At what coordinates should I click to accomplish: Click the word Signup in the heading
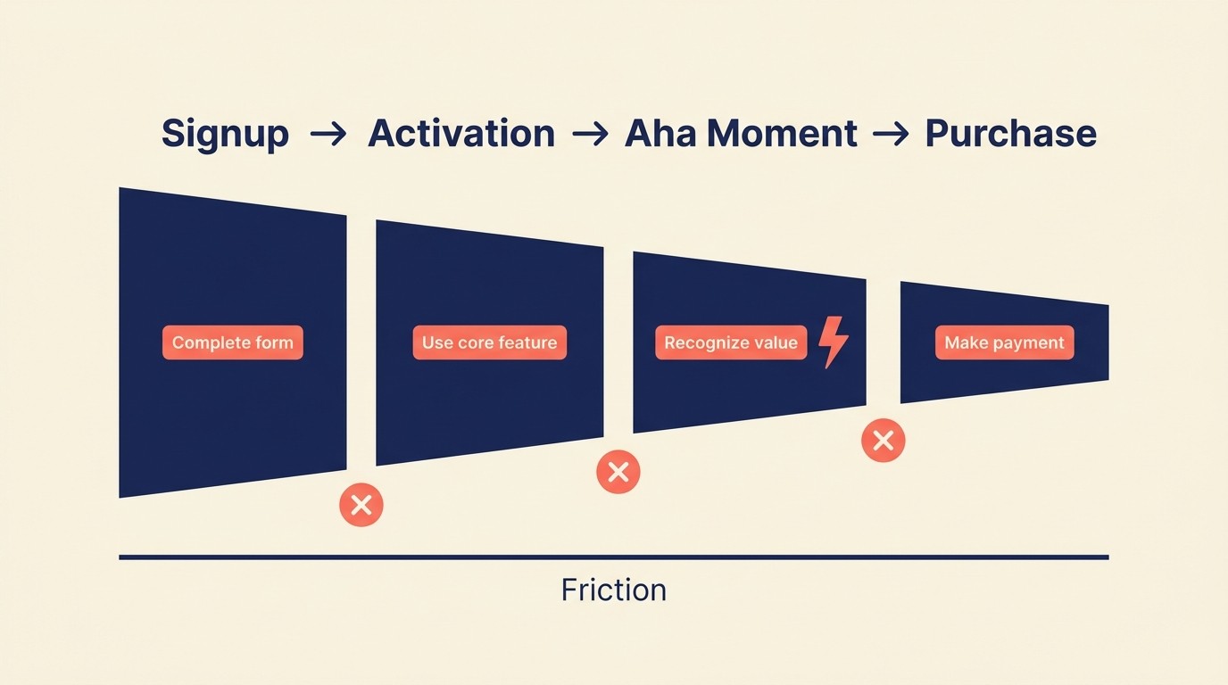[225, 135]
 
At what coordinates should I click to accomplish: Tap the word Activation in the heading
[461, 135]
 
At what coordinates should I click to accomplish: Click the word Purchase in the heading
[1010, 135]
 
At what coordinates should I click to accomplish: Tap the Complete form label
[233, 342]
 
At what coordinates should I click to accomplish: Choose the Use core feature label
[489, 342]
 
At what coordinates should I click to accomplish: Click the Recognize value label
[731, 342]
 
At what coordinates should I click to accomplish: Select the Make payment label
[1004, 342]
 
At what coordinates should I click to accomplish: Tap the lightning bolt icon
[834, 342]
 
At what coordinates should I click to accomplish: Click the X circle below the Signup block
[361, 505]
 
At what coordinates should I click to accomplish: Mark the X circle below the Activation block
[618, 472]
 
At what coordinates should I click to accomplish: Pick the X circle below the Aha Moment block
[884, 440]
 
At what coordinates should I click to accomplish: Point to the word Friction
[614, 590]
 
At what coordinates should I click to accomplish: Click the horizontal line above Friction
[614, 557]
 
